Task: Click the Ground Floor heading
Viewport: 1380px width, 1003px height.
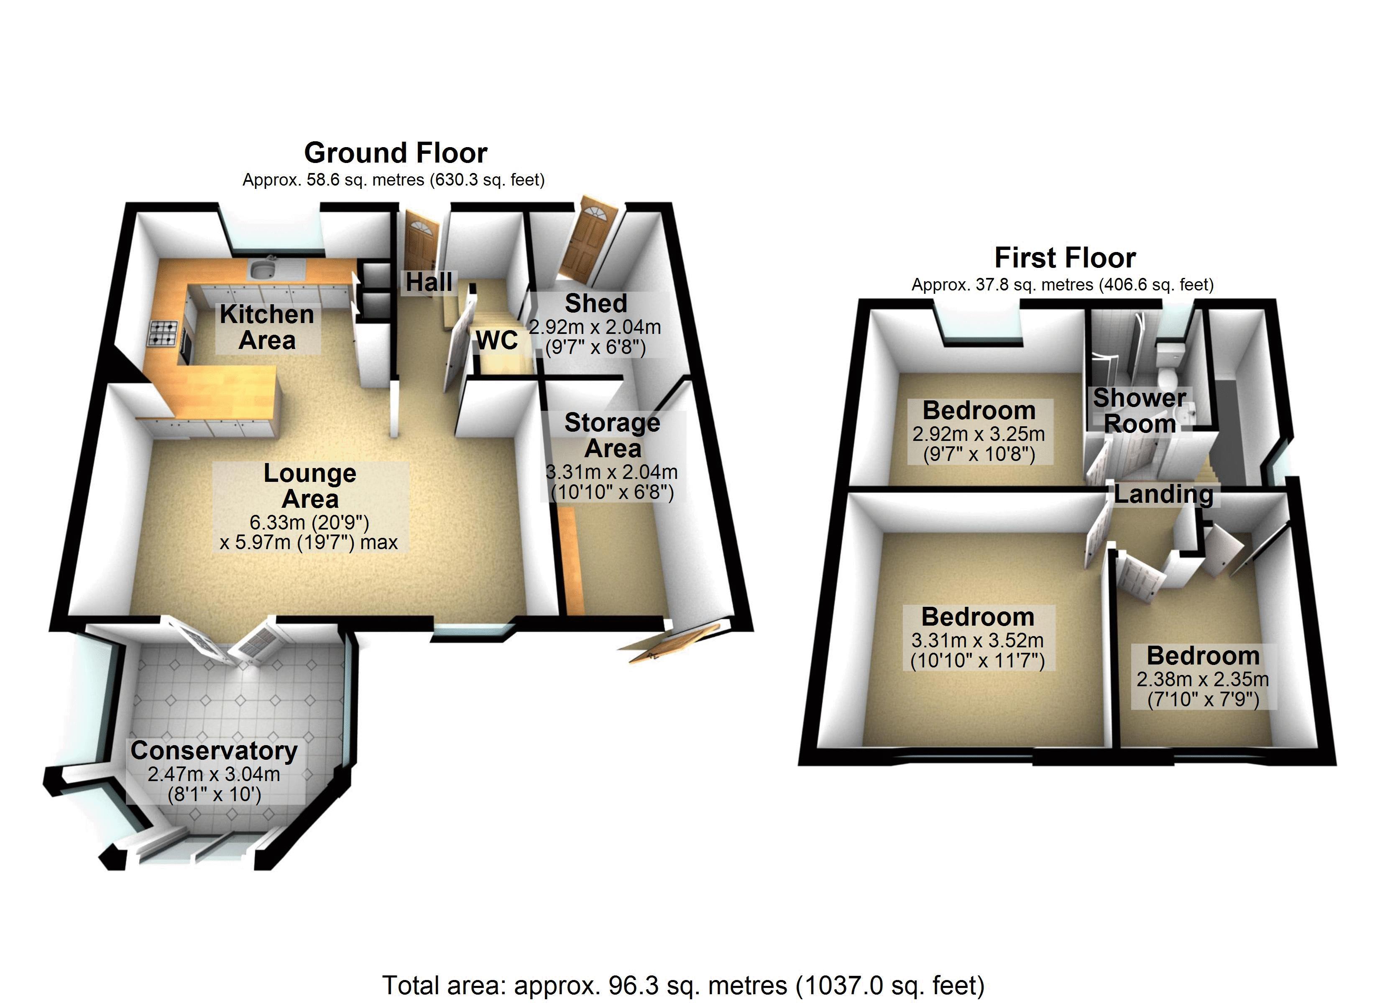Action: [396, 153]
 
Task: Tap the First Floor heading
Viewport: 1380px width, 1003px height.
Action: [1065, 258]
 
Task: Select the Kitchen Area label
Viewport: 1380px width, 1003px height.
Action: [267, 327]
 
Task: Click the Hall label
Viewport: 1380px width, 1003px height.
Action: [429, 282]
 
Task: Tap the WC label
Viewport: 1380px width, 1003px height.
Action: [497, 341]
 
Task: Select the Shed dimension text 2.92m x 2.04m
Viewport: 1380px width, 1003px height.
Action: [595, 327]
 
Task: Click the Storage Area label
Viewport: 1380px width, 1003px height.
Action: [612, 435]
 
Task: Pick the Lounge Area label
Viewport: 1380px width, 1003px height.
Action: [310, 486]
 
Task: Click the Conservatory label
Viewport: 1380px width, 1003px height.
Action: [214, 751]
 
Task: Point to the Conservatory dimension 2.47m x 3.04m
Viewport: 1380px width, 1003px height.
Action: [214, 774]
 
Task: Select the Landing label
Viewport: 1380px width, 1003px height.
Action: [1163, 494]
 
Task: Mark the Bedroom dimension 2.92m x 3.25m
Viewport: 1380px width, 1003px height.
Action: [979, 434]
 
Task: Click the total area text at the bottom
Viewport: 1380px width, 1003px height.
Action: [683, 985]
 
